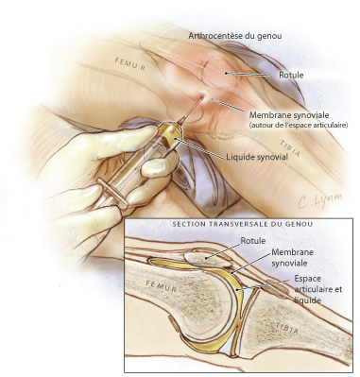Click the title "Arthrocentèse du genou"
[x=235, y=36]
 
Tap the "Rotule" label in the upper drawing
[x=291, y=75]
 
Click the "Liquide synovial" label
[x=257, y=157]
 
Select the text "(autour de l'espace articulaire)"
[x=299, y=125]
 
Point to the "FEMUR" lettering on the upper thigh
[x=130, y=64]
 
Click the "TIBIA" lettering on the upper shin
[x=290, y=148]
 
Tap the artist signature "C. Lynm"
[x=319, y=201]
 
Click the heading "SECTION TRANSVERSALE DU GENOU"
[x=243, y=224]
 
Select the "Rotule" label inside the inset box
[x=253, y=241]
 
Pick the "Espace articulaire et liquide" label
[x=317, y=289]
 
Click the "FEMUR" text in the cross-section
[x=162, y=286]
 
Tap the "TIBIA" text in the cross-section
[x=286, y=329]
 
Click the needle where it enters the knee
[x=202, y=96]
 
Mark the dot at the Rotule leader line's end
[x=226, y=73]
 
